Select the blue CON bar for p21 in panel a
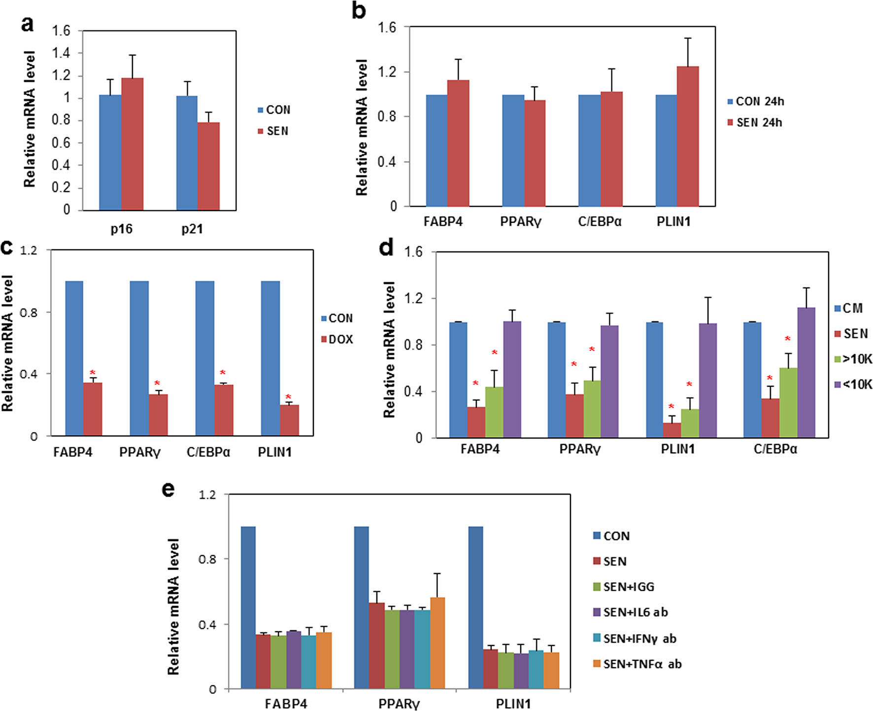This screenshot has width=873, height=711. click(x=187, y=153)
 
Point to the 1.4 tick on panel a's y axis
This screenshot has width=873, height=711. click(x=61, y=53)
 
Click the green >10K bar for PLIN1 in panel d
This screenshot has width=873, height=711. click(x=690, y=423)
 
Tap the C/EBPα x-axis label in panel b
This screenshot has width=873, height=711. click(x=599, y=222)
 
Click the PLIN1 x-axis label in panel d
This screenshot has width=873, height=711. click(x=677, y=449)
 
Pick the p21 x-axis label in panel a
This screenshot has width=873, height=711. click(x=192, y=229)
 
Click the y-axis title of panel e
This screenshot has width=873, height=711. click(x=173, y=607)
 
